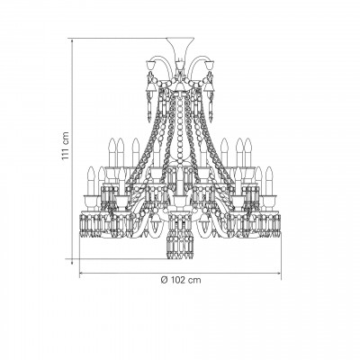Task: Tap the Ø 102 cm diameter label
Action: click(181, 280)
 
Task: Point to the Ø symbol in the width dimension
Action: click(164, 280)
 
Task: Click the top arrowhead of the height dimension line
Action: click(72, 41)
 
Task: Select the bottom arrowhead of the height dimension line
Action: click(72, 262)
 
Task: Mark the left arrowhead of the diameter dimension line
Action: click(82, 274)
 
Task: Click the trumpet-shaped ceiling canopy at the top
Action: click(180, 48)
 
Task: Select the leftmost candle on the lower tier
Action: click(91, 181)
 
